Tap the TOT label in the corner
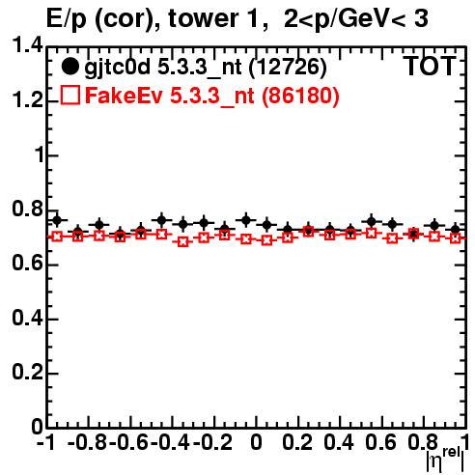[x=430, y=67]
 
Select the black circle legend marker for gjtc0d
[x=70, y=67]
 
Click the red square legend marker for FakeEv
[x=70, y=95]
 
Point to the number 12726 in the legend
[x=288, y=68]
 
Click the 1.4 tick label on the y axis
[x=27, y=45]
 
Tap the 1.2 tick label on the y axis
[x=27, y=100]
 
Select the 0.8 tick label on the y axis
[x=27, y=209]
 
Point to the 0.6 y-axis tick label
[x=27, y=264]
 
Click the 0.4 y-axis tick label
[x=27, y=318]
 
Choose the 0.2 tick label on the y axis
[x=27, y=372]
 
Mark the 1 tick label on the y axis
[x=40, y=154]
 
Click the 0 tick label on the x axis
[x=256, y=442]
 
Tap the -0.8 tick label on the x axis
[x=87, y=442]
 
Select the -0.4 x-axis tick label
[x=171, y=442]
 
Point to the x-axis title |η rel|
[x=445, y=460]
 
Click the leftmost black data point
[x=57, y=220]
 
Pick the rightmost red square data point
[x=456, y=238]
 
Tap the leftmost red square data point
[x=57, y=237]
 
